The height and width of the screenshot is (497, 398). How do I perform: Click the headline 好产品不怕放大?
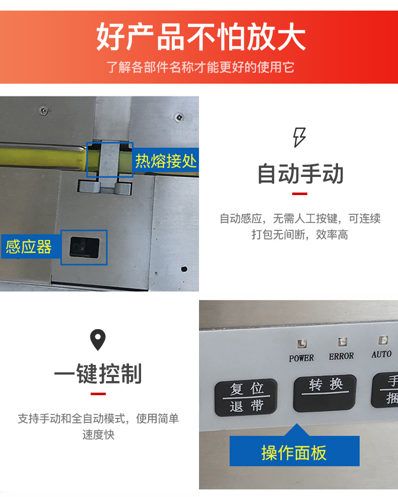point(201,37)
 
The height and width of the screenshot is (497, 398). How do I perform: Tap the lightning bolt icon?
point(299,137)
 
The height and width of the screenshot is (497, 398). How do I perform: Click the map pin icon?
point(98,340)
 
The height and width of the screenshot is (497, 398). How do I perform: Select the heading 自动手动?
point(300,173)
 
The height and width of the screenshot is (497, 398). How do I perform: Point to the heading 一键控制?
point(98,374)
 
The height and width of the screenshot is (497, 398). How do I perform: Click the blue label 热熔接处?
point(166,161)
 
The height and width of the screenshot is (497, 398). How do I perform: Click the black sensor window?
point(84,247)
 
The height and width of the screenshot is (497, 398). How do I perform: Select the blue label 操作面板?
point(294,452)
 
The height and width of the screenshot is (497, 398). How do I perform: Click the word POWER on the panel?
point(301,358)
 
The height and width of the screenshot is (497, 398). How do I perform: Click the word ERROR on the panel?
point(341,356)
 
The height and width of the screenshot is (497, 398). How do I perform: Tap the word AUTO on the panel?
point(381,354)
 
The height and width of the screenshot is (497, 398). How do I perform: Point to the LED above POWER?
point(302,343)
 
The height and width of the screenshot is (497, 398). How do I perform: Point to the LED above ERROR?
point(342,342)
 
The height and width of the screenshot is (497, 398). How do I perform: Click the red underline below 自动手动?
point(299,194)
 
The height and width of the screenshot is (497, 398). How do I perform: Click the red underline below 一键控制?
point(98,394)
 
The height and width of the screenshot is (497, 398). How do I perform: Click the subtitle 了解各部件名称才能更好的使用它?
point(201,67)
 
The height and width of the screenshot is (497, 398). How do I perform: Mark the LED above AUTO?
point(383,340)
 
